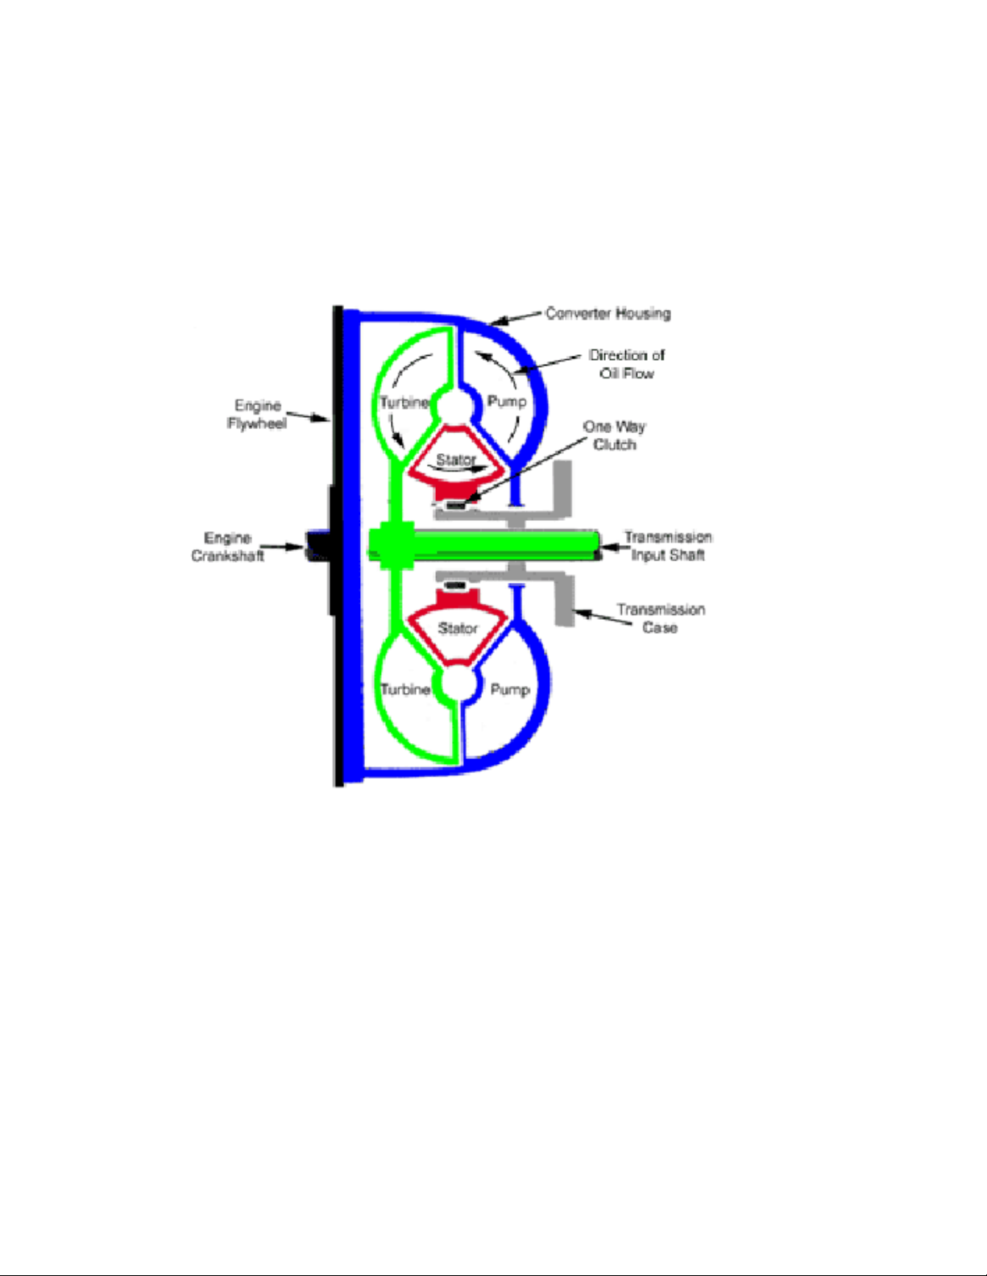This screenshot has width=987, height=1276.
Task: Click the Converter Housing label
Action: coord(608,314)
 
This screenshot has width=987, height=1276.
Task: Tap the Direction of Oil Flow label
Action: coord(627,364)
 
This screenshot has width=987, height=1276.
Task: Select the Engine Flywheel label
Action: coord(257,414)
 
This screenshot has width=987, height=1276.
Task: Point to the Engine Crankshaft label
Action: coord(227,547)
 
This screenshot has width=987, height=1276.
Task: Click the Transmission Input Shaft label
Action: coord(668,546)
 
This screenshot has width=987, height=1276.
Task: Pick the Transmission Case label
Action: coord(661,618)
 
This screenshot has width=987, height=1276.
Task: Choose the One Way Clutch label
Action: coord(615,435)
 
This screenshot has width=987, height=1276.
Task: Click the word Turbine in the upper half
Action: coord(404,403)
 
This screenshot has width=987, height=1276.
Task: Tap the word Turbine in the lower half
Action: coord(405,689)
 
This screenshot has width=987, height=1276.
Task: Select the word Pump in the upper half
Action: coord(507,402)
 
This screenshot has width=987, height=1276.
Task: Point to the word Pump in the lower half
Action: coord(510,689)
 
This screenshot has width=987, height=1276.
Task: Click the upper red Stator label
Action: coord(456,460)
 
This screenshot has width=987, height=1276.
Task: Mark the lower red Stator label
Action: coord(458,628)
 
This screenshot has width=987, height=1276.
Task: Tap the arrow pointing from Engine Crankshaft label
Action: coord(281,547)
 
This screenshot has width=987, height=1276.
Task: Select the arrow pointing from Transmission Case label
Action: coord(603,617)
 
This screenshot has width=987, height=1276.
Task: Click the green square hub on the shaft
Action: coord(392,546)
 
